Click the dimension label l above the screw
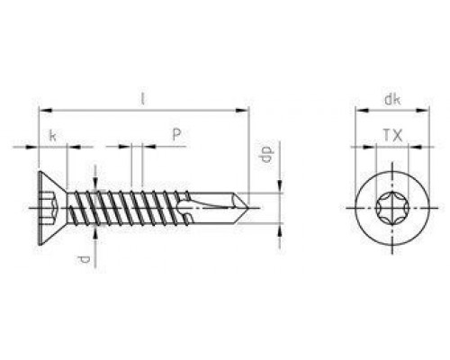pos(143,98)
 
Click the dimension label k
pos(53,134)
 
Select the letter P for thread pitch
pos(176,133)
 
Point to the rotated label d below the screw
pos(84,261)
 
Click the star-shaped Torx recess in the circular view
pos(391,208)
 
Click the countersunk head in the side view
pos(49,208)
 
